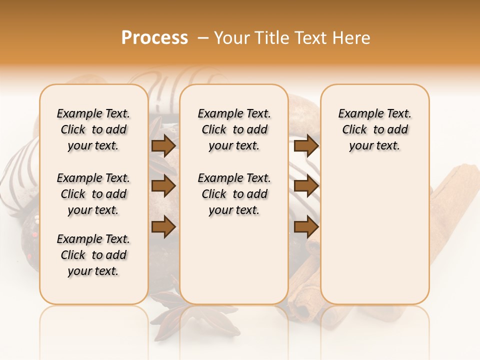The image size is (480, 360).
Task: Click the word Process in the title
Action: click(154, 38)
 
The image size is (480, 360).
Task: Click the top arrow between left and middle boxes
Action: click(163, 146)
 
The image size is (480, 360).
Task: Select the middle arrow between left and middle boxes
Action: click(163, 186)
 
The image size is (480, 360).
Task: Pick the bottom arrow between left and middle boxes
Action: click(163, 226)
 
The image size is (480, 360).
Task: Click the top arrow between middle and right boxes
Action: click(306, 146)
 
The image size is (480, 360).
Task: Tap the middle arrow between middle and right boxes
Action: click(306, 186)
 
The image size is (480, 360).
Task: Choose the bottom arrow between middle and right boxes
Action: click(306, 226)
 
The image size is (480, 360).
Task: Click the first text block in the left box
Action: click(93, 129)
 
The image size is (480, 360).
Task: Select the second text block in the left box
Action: click(93, 194)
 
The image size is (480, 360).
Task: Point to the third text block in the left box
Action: click(93, 255)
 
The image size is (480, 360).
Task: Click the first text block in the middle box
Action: click(234, 129)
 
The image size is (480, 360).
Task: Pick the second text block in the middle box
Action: click(234, 194)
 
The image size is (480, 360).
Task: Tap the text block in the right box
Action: click(374, 129)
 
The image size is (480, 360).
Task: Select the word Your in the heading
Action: click(231, 38)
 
